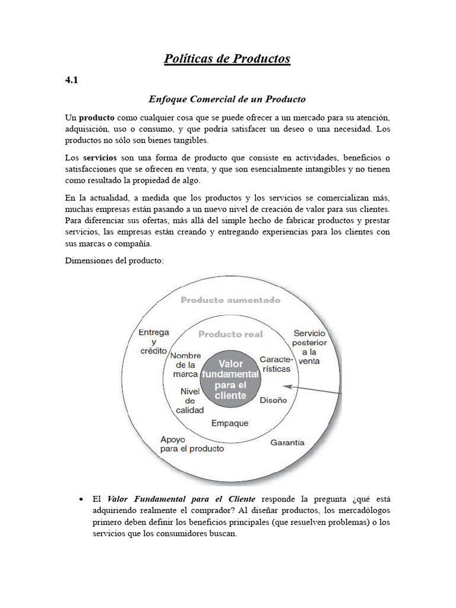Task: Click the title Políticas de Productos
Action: click(227, 58)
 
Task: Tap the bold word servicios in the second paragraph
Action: click(100, 157)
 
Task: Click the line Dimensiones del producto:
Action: click(113, 260)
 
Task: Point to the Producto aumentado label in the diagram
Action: click(230, 300)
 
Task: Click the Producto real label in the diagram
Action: click(230, 334)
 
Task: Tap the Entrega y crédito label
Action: click(153, 341)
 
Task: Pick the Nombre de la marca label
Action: click(185, 365)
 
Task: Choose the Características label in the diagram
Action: click(275, 364)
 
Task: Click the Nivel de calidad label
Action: click(190, 401)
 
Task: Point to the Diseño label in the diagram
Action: click(273, 400)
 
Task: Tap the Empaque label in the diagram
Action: click(230, 423)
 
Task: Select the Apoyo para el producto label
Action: click(192, 444)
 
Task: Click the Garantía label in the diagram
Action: click(287, 442)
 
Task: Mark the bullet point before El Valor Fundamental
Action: click(81, 499)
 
